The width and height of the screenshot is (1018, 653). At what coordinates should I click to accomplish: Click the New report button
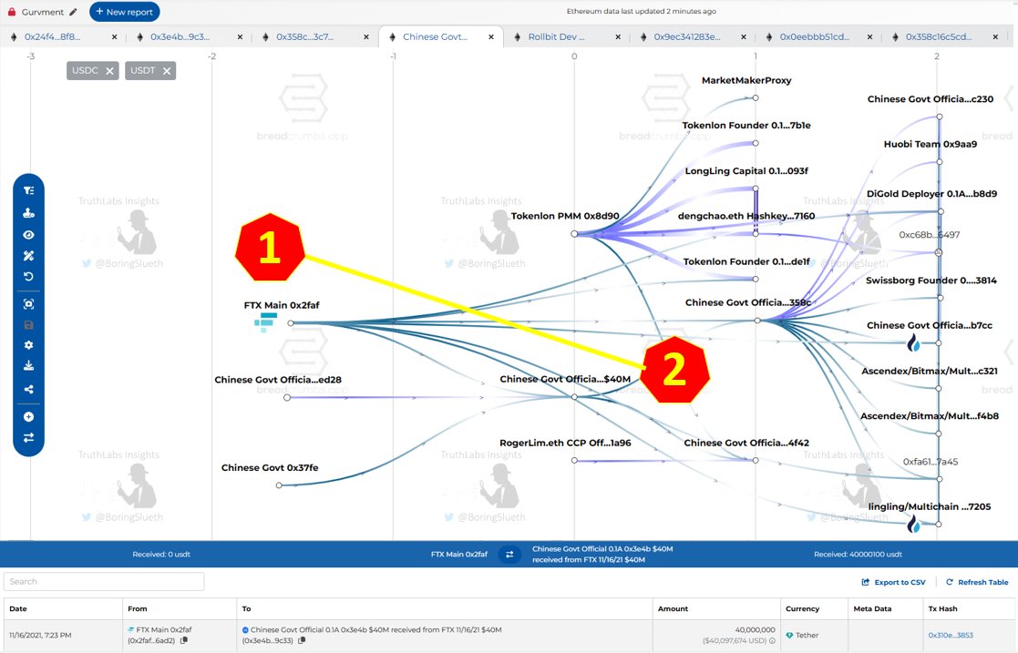pyautogui.click(x=125, y=12)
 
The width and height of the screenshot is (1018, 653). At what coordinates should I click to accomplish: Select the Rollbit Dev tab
pyautogui.click(x=556, y=37)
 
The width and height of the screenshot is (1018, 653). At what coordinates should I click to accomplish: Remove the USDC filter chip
pyautogui.click(x=110, y=71)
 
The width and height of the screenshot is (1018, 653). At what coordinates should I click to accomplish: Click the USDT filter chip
pyautogui.click(x=142, y=71)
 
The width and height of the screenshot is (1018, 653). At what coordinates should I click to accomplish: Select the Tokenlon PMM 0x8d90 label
pyautogui.click(x=565, y=217)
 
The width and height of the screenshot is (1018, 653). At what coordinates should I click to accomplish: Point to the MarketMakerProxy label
pyautogui.click(x=746, y=80)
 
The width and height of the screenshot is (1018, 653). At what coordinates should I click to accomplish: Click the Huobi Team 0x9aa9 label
pyautogui.click(x=930, y=144)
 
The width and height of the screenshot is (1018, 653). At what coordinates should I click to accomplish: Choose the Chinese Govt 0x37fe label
pyautogui.click(x=270, y=468)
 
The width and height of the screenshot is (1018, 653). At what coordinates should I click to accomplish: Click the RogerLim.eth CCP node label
pyautogui.click(x=565, y=443)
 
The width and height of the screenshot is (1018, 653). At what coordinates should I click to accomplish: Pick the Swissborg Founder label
pyautogui.click(x=930, y=281)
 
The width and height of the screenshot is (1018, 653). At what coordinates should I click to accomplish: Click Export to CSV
pyautogui.click(x=894, y=582)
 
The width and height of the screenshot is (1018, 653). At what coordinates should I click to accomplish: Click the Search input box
pyautogui.click(x=104, y=581)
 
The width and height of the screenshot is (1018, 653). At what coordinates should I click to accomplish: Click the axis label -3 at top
pyautogui.click(x=30, y=56)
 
